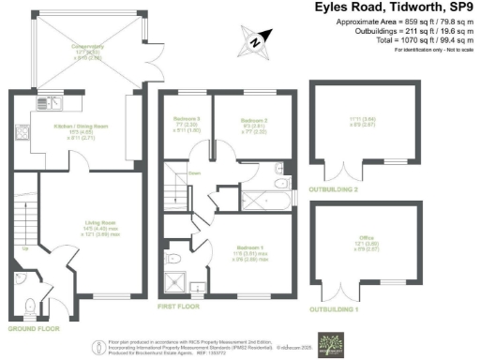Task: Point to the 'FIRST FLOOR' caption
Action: point(183,307)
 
